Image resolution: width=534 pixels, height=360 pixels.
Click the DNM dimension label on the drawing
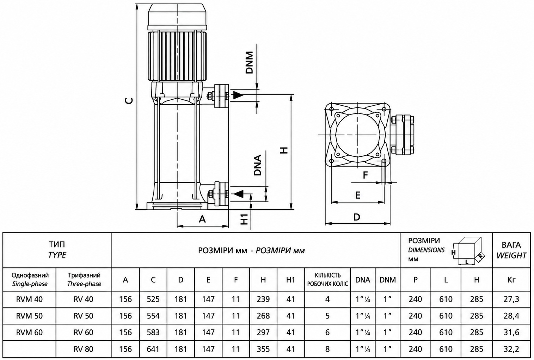249,62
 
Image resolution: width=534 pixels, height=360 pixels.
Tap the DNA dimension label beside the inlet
258,165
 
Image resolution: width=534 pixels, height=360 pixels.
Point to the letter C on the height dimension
129,101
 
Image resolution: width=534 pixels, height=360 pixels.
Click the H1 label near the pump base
245,219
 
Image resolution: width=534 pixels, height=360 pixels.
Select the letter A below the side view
202,219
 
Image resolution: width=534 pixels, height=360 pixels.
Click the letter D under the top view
357,217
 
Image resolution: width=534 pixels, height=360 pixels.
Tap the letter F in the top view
365,175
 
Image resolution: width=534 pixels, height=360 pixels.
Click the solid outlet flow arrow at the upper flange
238,95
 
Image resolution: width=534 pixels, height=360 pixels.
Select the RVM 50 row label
29,316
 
